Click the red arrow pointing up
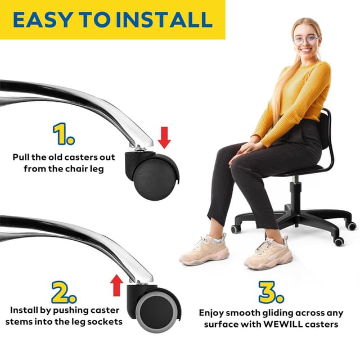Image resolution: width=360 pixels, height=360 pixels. click(116, 285)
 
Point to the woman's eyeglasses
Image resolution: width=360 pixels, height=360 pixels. click(306, 40)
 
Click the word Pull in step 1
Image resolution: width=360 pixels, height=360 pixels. click(22, 157)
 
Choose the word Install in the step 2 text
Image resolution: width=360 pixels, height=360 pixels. click(24, 310)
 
